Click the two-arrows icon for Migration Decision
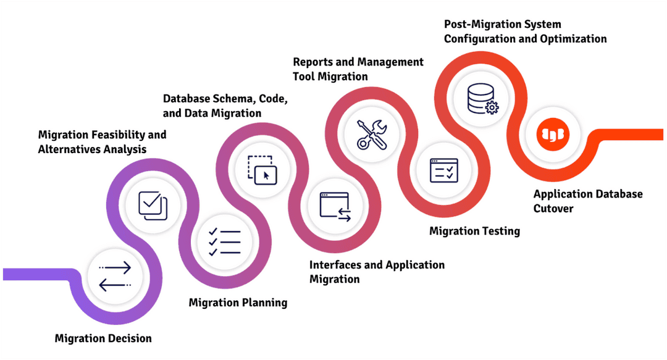(115, 276)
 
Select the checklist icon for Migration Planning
(224, 241)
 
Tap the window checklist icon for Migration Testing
(444, 170)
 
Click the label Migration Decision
(103, 338)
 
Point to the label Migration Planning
(238, 302)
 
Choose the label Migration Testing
(474, 231)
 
